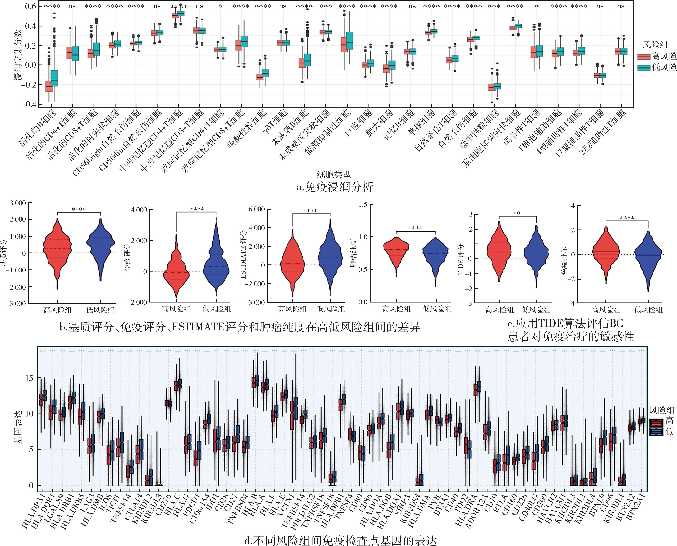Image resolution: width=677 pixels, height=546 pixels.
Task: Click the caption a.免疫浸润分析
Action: pos(335,187)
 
